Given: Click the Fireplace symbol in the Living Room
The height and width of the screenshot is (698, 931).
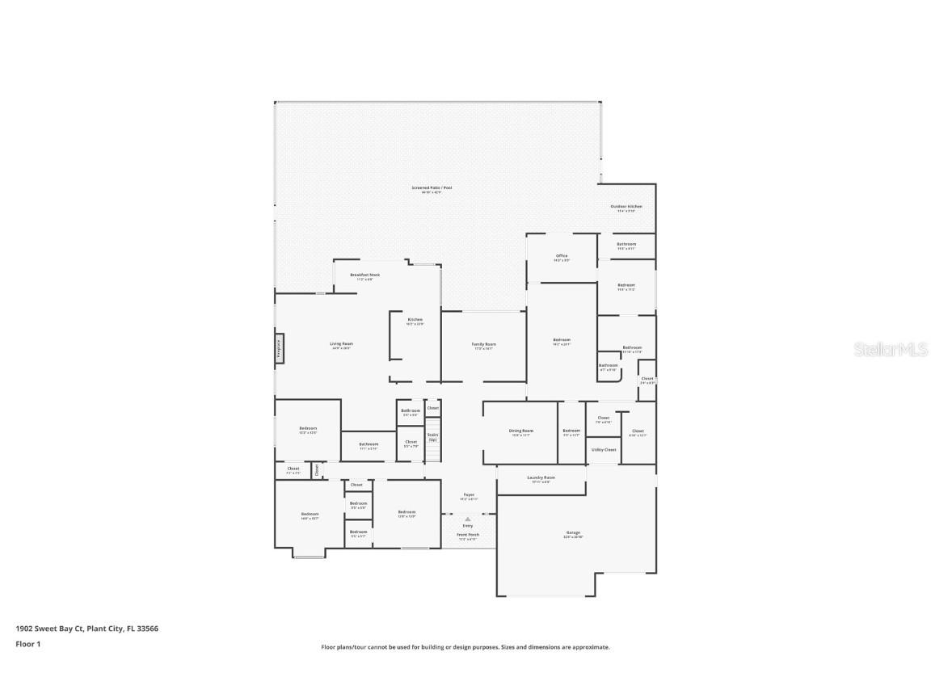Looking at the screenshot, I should point(279,348).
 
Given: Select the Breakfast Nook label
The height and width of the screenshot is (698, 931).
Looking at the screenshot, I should point(364,275).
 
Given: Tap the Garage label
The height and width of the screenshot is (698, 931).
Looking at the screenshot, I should point(573,534).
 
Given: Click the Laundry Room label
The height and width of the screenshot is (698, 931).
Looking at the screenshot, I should point(541,478).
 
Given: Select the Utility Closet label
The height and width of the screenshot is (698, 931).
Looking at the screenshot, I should point(604,449).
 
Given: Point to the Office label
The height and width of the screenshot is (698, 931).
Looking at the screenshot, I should point(561,257).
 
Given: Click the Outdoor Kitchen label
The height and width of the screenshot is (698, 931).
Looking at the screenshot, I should point(626,208).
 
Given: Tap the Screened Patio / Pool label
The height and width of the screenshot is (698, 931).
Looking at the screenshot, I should point(436,189).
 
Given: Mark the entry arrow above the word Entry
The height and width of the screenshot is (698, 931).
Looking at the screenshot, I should point(468,519).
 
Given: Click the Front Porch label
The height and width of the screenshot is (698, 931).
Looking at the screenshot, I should point(468,535).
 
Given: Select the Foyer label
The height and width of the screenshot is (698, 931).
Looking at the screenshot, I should point(469,495).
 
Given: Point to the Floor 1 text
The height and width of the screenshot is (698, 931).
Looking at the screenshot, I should point(27,644).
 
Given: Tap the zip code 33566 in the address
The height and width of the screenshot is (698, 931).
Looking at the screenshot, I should point(148,628).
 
